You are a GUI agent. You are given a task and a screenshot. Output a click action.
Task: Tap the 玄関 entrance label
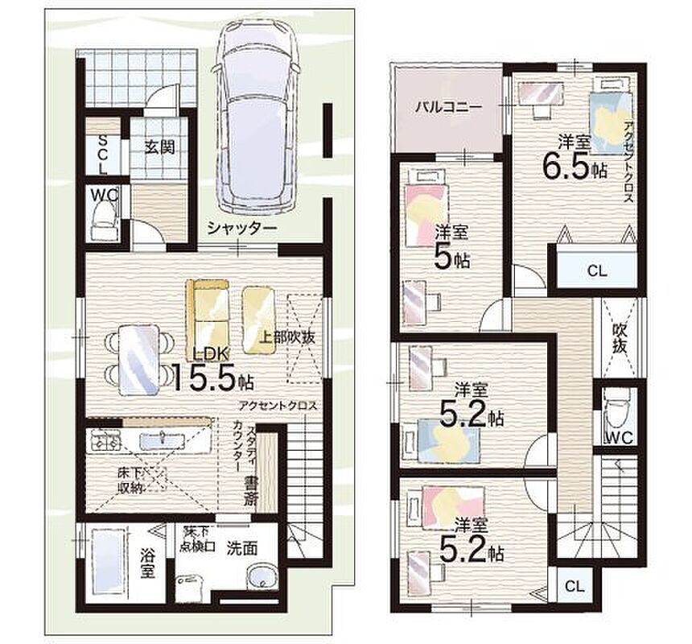[x=160, y=147]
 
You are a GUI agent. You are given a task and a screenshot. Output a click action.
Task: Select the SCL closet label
[x=102, y=155]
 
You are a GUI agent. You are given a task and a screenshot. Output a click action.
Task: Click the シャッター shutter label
[x=242, y=228]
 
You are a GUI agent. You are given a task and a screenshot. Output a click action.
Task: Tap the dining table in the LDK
[x=139, y=360]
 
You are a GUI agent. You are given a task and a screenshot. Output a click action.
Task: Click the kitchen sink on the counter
[x=163, y=440]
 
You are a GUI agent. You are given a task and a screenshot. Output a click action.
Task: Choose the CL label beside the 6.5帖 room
[x=597, y=270]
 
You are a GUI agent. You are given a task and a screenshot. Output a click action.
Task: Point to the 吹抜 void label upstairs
[x=620, y=338]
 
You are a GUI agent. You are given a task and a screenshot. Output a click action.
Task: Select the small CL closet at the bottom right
[x=575, y=586]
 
